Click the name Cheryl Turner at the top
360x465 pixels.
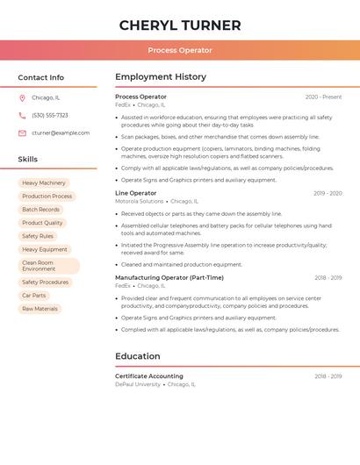pos(180,25)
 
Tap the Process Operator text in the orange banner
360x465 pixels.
pos(180,50)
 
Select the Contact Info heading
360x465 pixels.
pos(41,77)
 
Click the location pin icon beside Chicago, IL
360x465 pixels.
pos(22,98)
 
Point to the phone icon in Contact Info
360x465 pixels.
pos(22,116)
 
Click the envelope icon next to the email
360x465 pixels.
pos(22,133)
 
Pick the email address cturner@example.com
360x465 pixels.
pos(61,133)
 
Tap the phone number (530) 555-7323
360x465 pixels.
pos(50,116)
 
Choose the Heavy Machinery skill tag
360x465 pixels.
pos(44,183)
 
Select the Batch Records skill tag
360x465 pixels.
pos(41,210)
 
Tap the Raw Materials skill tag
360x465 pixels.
pos(40,309)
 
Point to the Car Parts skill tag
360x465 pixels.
pos(34,296)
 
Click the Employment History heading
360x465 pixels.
pos(161,77)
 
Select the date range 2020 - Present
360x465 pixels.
pos(323,97)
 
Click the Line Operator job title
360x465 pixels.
pos(136,193)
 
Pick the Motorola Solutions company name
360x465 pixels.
pos(140,201)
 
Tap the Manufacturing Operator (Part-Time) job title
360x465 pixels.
pos(169,277)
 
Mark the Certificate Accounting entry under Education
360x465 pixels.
pos(149,376)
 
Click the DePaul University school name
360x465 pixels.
pos(138,384)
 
